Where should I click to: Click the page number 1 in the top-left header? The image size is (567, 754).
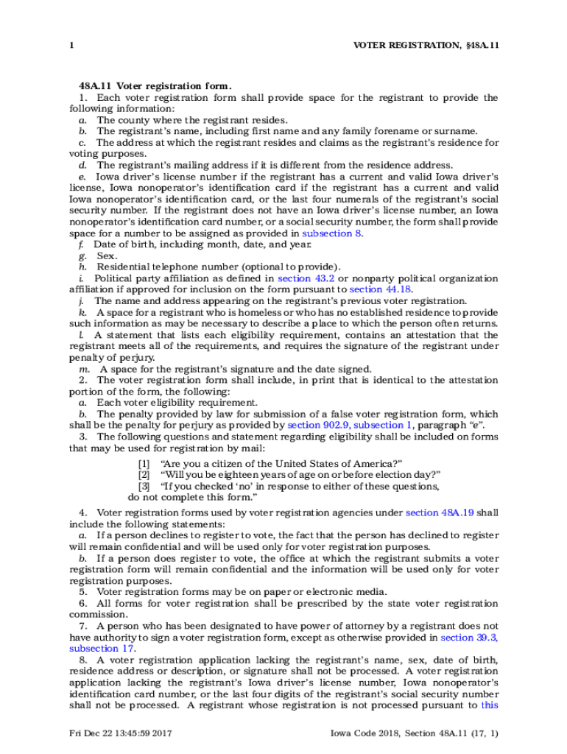[x=71, y=46]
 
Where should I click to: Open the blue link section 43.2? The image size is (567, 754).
[x=306, y=278]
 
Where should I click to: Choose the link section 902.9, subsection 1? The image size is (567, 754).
[x=350, y=426]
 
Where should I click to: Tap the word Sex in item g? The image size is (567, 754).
[x=106, y=256]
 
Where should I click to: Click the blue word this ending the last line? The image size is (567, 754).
[x=489, y=705]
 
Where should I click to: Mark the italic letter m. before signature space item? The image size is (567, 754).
[x=84, y=369]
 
